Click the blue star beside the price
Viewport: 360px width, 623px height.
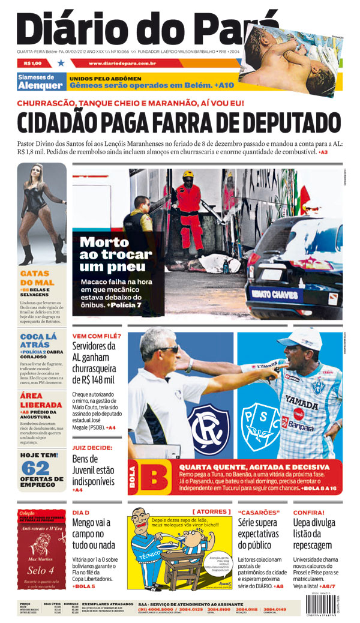click(x=61, y=63)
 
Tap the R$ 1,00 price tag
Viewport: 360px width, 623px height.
click(x=33, y=63)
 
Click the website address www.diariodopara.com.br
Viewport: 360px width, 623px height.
click(x=122, y=63)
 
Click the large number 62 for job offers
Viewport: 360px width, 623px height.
click(x=35, y=469)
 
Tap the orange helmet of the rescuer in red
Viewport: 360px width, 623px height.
click(x=188, y=175)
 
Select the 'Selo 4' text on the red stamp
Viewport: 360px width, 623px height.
click(x=40, y=570)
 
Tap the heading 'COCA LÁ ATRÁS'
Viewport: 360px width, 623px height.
click(x=38, y=341)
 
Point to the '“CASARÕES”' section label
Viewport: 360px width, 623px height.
click(x=259, y=513)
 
